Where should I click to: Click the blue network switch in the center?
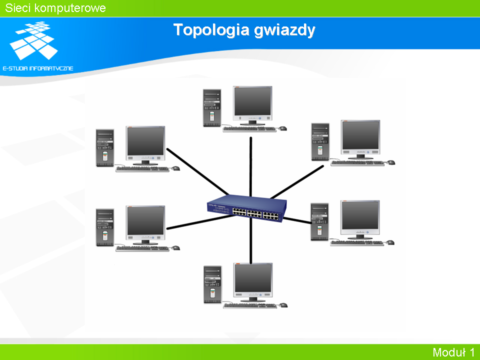pyautogui.click(x=246, y=208)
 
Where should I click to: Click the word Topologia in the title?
pyautogui.click(x=211, y=30)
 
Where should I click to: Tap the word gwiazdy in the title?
pyautogui.click(x=284, y=30)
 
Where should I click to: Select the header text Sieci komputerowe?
pyautogui.click(x=55, y=8)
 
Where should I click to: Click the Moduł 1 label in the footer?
pyautogui.click(x=453, y=352)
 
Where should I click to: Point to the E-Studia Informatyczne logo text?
pyautogui.click(x=38, y=68)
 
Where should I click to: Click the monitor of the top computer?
pyautogui.click(x=252, y=105)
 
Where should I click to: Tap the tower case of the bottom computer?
pyautogui.click(x=212, y=284)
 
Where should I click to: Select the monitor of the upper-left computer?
pyautogui.click(x=145, y=145)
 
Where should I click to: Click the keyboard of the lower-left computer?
pyautogui.click(x=142, y=248)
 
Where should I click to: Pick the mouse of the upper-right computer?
pyautogui.click(x=391, y=162)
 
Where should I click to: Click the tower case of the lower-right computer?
pyautogui.click(x=319, y=221)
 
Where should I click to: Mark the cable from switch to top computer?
pyautogui.click(x=250, y=167)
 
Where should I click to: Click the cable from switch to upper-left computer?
pyautogui.click(x=197, y=171)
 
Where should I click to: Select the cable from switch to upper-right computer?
pyautogui.click(x=297, y=182)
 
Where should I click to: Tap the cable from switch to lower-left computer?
pyautogui.click(x=200, y=222)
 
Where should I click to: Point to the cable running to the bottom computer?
pyautogui.click(x=250, y=240)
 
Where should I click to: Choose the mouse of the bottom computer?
pyautogui.click(x=283, y=305)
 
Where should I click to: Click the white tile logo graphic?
pyautogui.click(x=33, y=40)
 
